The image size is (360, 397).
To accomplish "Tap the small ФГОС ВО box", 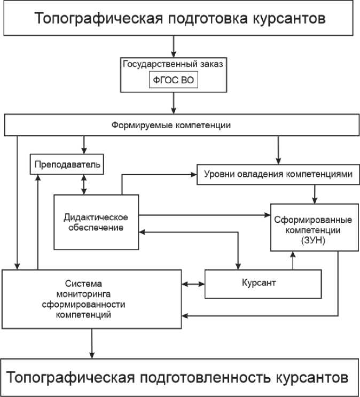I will tap(173, 81).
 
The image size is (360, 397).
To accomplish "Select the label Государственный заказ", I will tap(173, 64).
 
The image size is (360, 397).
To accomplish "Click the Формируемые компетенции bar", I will tap(171, 126).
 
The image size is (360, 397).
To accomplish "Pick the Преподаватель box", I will tap(67, 164).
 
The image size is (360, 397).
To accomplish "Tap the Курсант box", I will tap(263, 283).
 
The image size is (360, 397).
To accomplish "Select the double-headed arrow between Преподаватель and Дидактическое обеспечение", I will tap(83, 184).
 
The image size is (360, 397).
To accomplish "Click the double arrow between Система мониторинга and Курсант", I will tap(193, 284).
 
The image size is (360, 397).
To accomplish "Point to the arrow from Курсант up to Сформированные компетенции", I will tap(292, 260).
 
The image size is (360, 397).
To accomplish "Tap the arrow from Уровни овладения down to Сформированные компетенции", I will tap(315, 193).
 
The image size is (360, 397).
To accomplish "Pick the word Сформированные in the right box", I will tap(306, 220).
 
